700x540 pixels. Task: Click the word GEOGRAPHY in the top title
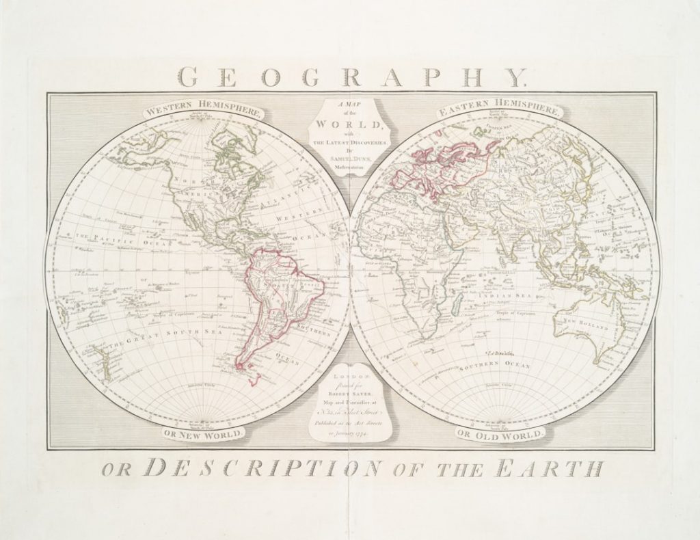point(350,76)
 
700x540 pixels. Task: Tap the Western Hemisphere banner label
point(202,111)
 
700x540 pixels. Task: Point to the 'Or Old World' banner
point(501,434)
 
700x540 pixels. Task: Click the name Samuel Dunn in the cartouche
point(350,157)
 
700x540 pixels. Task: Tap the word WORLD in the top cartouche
point(350,126)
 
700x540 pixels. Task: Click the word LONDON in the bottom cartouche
point(350,377)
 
